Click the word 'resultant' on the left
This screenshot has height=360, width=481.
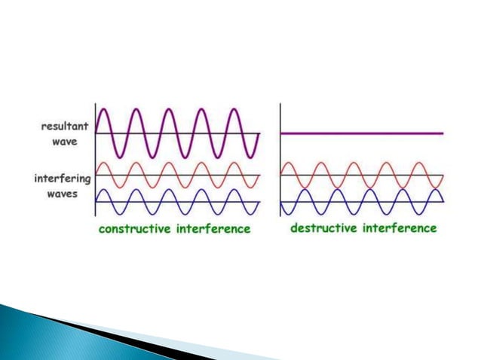click(x=64, y=127)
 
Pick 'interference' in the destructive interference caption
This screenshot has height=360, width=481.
click(x=400, y=228)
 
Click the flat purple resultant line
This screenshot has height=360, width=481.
click(x=362, y=133)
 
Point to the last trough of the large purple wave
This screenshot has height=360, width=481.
click(x=252, y=157)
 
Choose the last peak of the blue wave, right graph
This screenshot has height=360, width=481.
click(x=435, y=190)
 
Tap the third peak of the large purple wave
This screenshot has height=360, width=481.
click(x=170, y=110)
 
